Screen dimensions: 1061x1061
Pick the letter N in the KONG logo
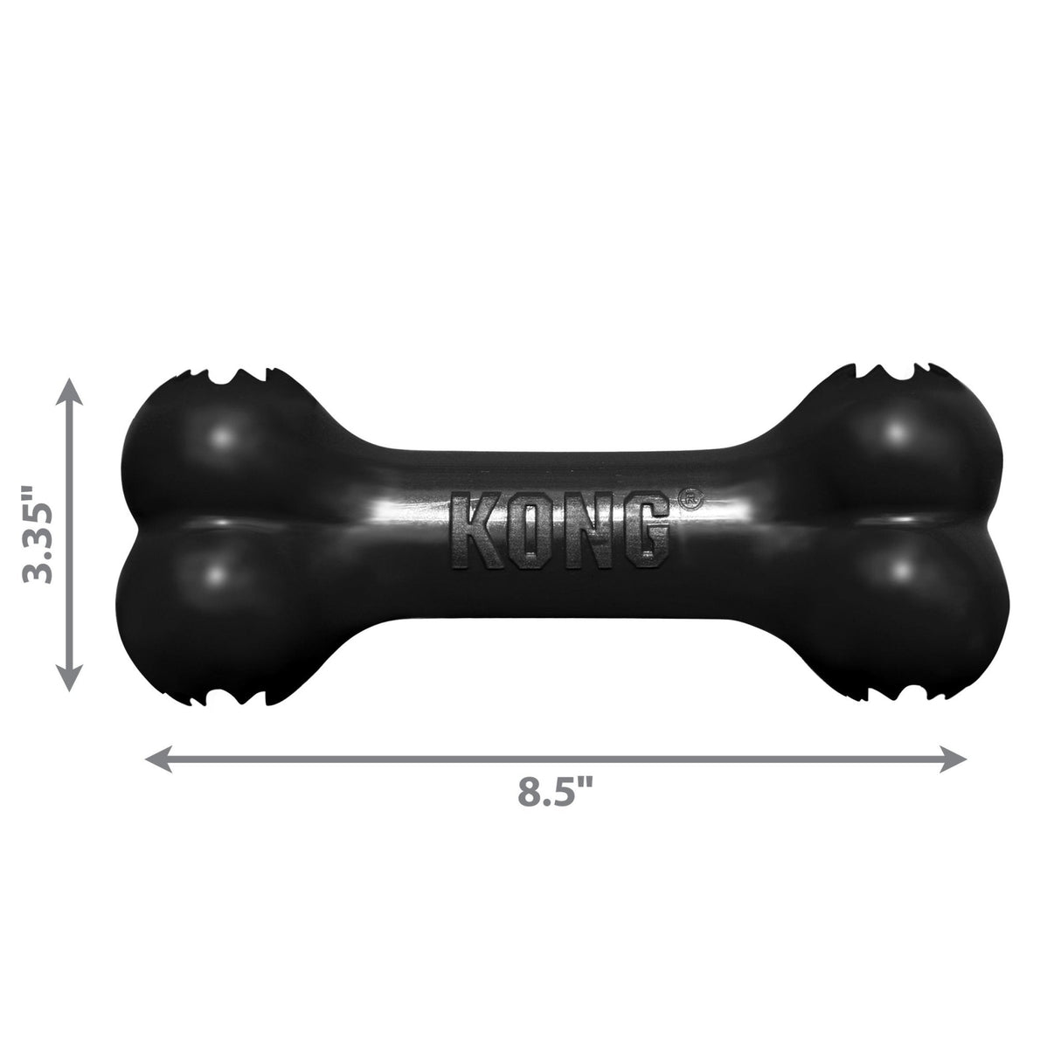click(587, 532)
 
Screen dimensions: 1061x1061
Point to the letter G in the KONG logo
click(644, 532)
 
